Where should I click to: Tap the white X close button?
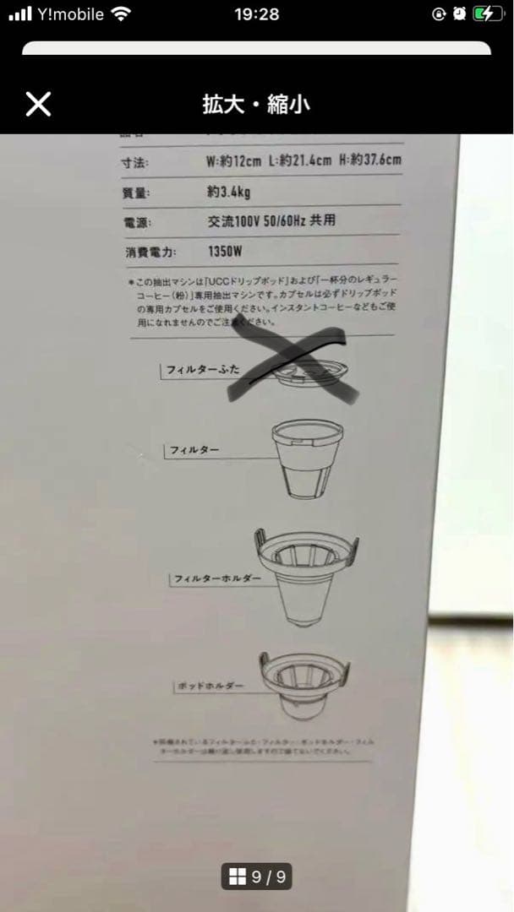pyautogui.click(x=38, y=104)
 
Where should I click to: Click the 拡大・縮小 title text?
pyautogui.click(x=256, y=105)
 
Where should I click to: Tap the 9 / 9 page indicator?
pyautogui.click(x=257, y=877)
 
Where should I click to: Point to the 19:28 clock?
pyautogui.click(x=256, y=14)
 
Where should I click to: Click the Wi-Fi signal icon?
pyautogui.click(x=122, y=14)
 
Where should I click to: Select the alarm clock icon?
pyautogui.click(x=459, y=14)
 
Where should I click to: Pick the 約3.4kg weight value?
pyautogui.click(x=228, y=192)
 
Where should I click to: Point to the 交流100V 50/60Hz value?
pyautogui.click(x=271, y=221)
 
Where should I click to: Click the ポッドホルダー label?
pyautogui.click(x=211, y=687)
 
